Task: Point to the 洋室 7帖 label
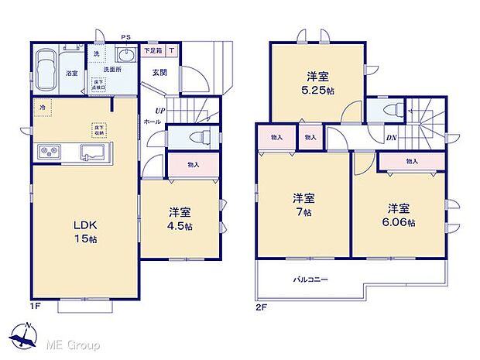pyautogui.click(x=302, y=204)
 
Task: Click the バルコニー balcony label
pyautogui.click(x=310, y=279)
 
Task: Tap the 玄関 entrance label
pyautogui.click(x=158, y=72)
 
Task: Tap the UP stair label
pyautogui.click(x=159, y=111)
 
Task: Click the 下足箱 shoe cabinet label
pyautogui.click(x=153, y=51)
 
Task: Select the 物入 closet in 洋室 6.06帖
pyautogui.click(x=411, y=162)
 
